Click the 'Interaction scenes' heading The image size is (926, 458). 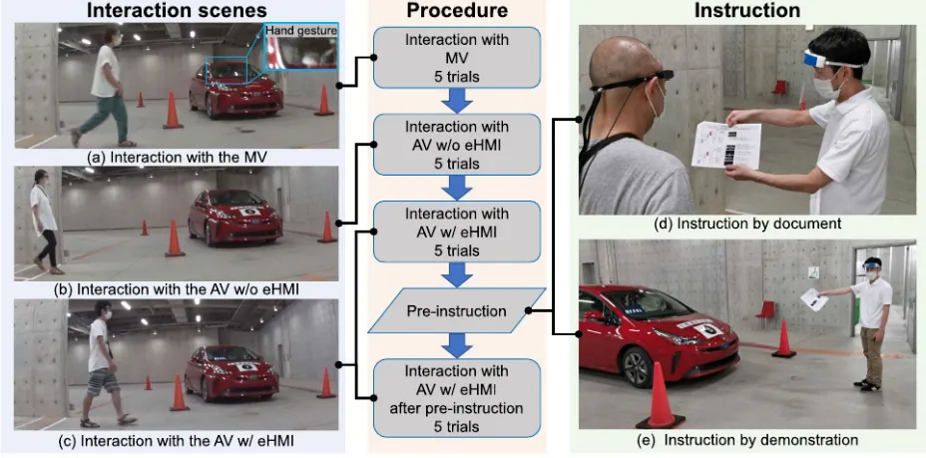[177, 11]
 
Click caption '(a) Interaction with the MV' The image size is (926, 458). [176, 156]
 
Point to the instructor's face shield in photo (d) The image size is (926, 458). [834, 50]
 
